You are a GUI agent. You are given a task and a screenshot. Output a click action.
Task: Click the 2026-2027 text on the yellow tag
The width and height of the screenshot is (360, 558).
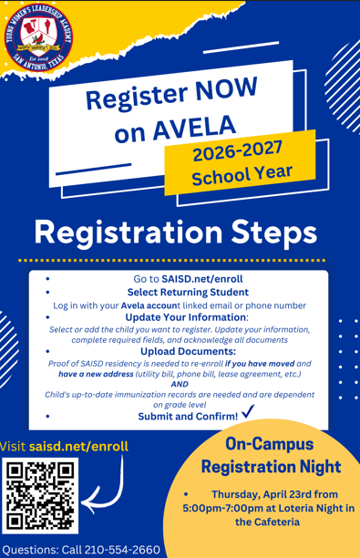click(x=235, y=150)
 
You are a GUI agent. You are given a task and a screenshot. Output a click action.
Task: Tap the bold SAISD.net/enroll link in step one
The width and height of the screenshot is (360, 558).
click(x=201, y=278)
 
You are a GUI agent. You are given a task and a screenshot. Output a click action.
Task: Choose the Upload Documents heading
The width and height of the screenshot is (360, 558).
click(x=188, y=351)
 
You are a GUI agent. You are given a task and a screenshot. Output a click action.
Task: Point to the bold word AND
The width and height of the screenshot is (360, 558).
click(x=179, y=385)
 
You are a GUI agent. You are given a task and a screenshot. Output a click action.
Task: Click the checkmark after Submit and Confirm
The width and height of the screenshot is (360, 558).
click(x=248, y=415)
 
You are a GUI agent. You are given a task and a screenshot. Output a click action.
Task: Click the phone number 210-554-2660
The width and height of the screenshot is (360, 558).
click(x=122, y=550)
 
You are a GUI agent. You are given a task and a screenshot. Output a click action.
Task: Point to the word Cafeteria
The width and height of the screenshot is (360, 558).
click(x=269, y=522)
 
